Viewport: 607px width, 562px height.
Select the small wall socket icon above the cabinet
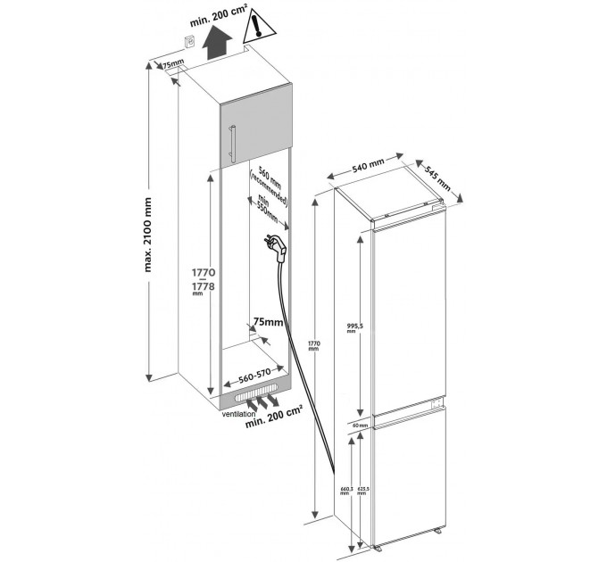(189, 41)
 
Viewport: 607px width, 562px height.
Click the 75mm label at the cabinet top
(171, 65)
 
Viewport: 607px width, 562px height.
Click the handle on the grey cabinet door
(231, 142)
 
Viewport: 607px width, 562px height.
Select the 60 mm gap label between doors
(359, 425)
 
